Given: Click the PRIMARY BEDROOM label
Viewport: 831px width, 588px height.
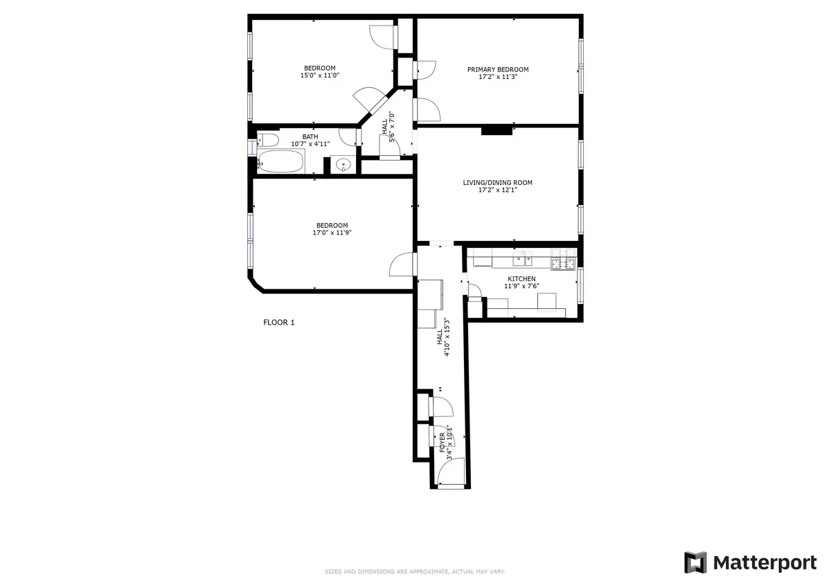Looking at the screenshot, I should click(497, 69).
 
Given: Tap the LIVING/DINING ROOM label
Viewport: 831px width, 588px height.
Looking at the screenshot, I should click(497, 183).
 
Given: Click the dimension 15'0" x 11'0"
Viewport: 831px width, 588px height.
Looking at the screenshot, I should click(319, 75).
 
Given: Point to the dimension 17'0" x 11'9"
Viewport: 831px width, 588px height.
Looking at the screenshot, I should click(332, 233).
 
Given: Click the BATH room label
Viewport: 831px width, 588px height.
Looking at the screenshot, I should click(310, 136).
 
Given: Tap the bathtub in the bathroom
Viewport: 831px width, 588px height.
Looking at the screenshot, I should click(281, 163).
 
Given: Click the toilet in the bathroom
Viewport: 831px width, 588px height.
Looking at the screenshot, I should click(267, 141).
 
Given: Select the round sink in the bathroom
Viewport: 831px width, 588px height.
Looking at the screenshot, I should click(342, 166).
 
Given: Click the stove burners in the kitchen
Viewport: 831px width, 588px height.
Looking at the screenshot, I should click(562, 262).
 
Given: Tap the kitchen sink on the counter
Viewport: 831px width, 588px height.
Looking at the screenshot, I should click(522, 261).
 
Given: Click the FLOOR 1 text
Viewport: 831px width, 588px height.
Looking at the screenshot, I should click(279, 322).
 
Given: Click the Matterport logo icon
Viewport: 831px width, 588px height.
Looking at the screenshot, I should click(695, 562).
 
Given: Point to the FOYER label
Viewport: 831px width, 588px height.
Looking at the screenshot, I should click(443, 442).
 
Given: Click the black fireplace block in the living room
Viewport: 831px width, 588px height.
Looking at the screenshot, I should click(497, 130).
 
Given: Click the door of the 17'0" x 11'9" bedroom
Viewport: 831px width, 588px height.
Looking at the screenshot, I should click(402, 264).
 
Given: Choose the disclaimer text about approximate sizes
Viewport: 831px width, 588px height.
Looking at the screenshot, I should click(415, 572).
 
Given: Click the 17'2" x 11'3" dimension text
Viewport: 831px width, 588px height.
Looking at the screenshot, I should click(497, 77).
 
